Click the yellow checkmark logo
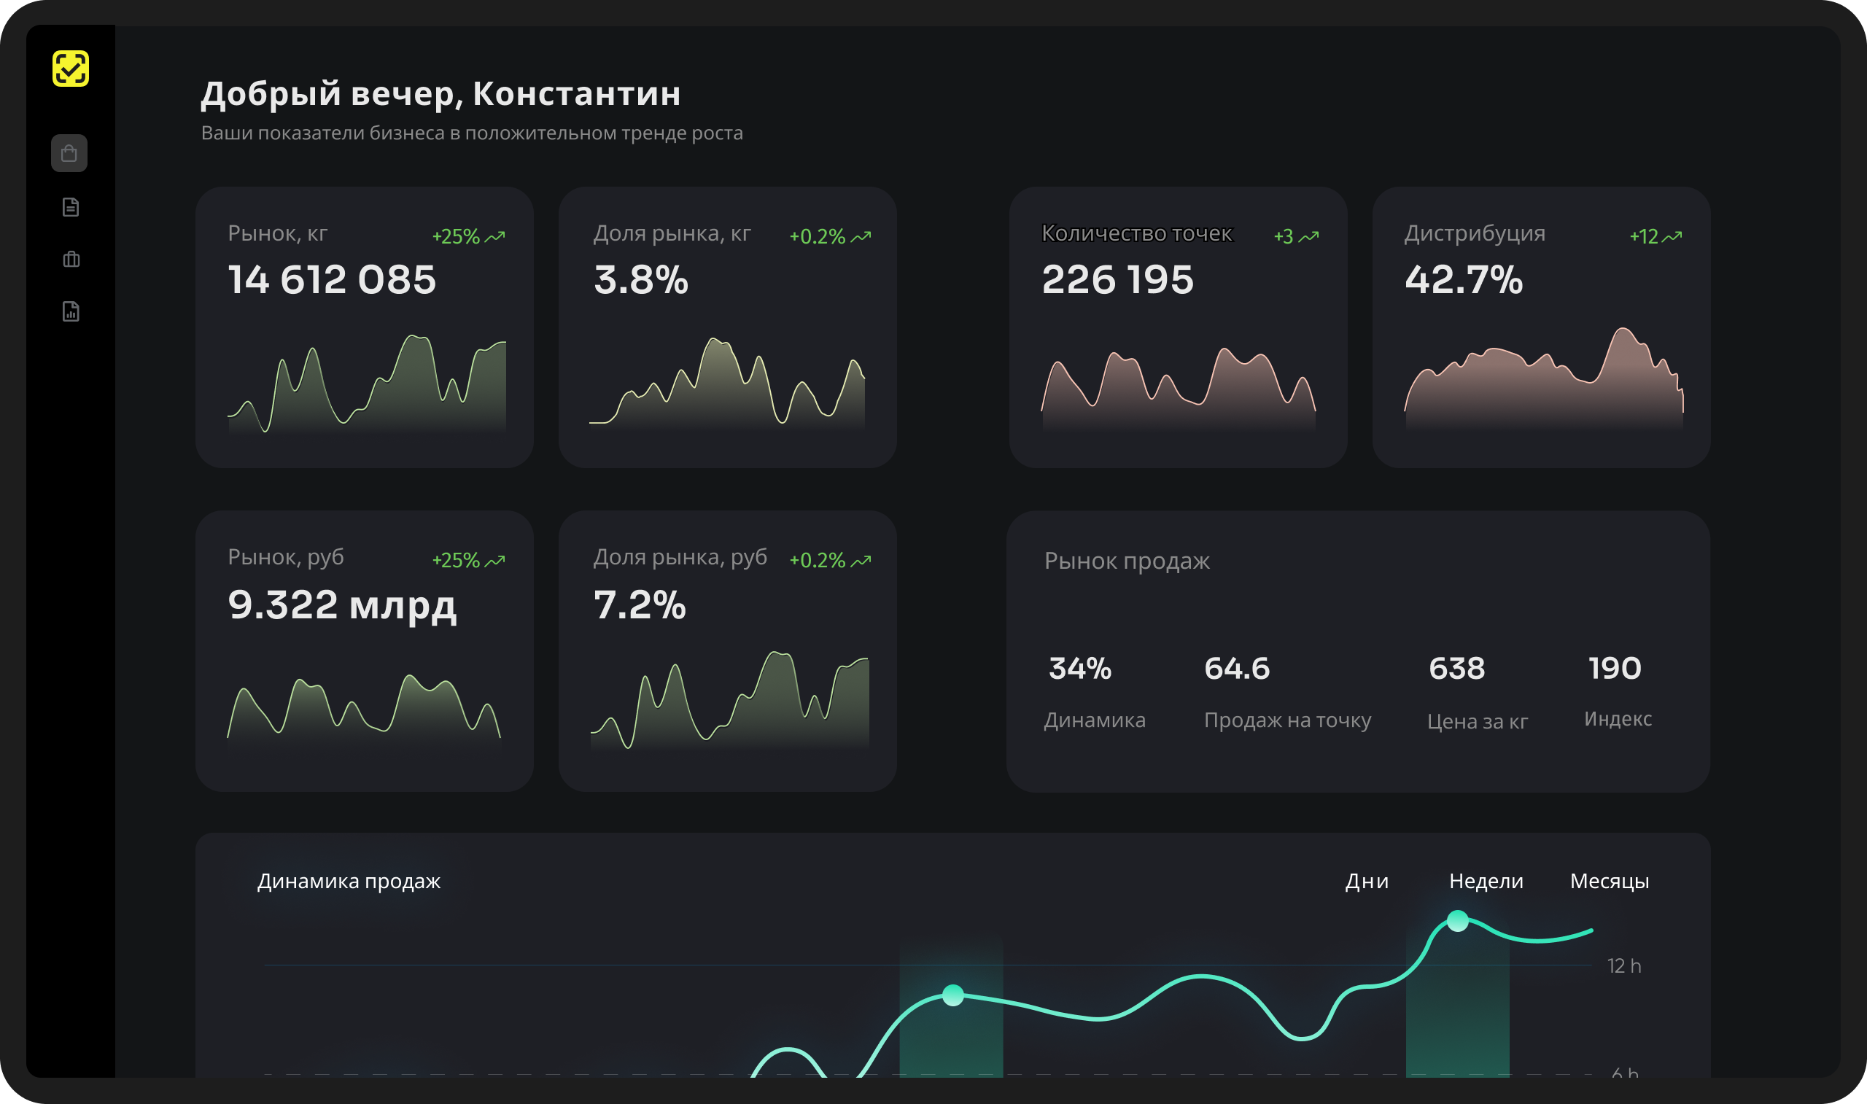tap(71, 69)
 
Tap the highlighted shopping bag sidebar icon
tap(69, 153)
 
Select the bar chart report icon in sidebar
tap(71, 311)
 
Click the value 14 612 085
tap(332, 280)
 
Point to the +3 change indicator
tap(1297, 236)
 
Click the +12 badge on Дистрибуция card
tap(1656, 236)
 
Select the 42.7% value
tap(1463, 280)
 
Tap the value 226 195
tap(1117, 280)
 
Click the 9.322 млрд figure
tap(342, 605)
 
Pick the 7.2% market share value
tap(640, 604)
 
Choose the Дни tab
tap(1367, 881)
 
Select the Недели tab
tap(1486, 881)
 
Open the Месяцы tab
tap(1610, 882)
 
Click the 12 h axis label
tap(1623, 965)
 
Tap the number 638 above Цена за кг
tap(1456, 668)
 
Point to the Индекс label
tap(1618, 719)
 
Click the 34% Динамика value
tap(1080, 668)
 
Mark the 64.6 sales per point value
tap(1237, 668)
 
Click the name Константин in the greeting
tap(577, 94)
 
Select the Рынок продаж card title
tap(1127, 561)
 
